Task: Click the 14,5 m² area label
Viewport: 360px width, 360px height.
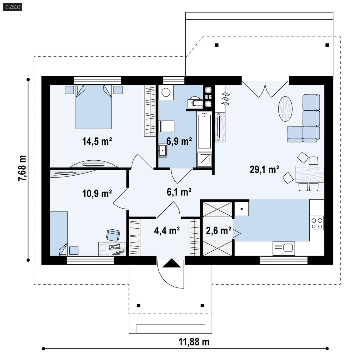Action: click(97, 141)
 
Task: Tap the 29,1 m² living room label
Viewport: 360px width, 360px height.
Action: click(264, 169)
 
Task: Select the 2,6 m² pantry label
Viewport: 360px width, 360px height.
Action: click(218, 231)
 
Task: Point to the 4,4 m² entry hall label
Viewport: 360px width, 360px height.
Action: click(167, 231)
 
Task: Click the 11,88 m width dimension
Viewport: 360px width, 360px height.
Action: click(194, 342)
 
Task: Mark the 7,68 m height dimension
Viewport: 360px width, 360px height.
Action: click(22, 168)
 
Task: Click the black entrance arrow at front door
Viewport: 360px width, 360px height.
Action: click(172, 263)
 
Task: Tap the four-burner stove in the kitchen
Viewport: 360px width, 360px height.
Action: click(317, 223)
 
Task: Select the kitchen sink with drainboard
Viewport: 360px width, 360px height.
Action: click(284, 248)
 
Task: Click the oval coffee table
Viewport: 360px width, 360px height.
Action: click(285, 109)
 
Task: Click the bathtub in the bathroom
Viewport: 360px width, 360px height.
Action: click(204, 131)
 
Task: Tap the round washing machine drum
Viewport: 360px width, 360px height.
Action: click(166, 92)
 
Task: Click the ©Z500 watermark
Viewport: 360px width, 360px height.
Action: click(12, 7)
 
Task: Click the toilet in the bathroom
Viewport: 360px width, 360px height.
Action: click(195, 102)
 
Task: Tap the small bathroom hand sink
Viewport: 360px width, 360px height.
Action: click(162, 151)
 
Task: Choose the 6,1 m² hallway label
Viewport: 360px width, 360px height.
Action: click(179, 192)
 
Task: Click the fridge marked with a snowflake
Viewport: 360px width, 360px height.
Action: click(242, 209)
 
